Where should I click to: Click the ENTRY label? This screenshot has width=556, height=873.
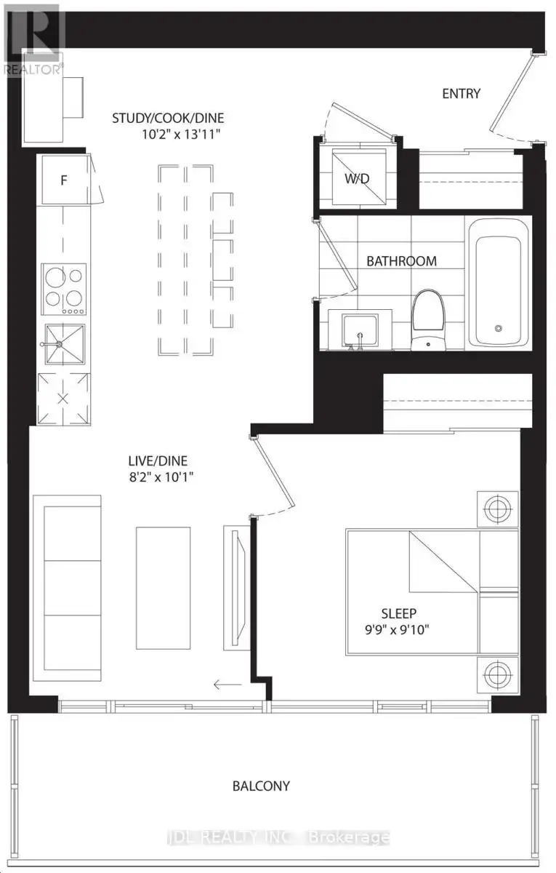click(461, 94)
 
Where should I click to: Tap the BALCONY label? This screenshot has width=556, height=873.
click(261, 786)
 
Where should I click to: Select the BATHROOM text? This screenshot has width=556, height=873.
click(401, 261)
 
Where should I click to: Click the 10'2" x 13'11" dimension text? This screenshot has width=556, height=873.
click(181, 135)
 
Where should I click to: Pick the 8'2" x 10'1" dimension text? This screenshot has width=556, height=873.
click(161, 477)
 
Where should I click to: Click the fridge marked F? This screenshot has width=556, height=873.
click(64, 180)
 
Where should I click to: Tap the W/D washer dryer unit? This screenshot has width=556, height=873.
click(358, 178)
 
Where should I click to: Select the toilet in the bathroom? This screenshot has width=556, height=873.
click(428, 320)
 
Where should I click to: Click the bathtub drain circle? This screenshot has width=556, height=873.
click(499, 329)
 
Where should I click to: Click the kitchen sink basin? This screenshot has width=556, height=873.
click(65, 345)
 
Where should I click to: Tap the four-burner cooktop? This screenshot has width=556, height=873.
click(64, 290)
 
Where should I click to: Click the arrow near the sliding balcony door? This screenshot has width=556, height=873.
click(227, 684)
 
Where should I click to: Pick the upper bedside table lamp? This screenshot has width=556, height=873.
click(498, 509)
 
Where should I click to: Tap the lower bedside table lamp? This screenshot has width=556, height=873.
click(498, 674)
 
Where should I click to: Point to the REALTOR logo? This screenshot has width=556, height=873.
click(32, 39)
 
